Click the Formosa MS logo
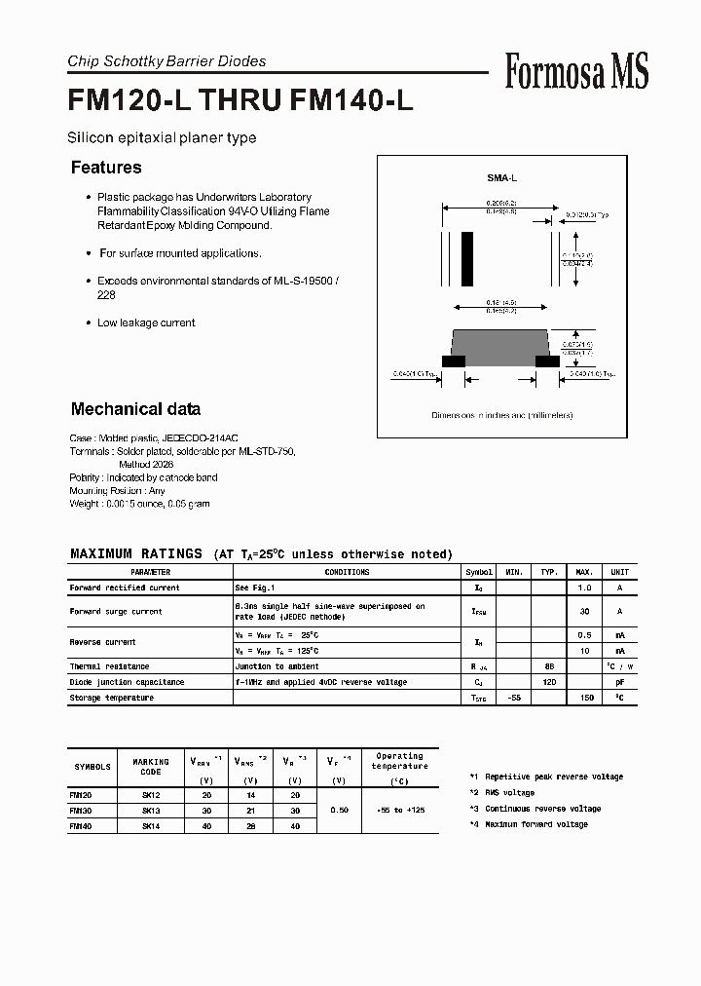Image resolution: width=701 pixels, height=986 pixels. pos(576,71)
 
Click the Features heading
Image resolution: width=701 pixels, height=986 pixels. pos(106,168)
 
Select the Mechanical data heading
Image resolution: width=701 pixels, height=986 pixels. pos(135,409)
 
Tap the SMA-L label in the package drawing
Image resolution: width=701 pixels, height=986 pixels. pos(501,179)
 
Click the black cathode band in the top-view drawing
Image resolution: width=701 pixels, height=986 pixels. pos(467,257)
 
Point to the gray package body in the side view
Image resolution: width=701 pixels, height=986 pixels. pos(501,344)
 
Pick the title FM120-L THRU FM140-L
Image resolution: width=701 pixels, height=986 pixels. pos(240,102)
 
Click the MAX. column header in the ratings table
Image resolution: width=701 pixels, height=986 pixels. pos(585,572)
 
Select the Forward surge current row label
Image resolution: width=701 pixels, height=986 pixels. pos(116,611)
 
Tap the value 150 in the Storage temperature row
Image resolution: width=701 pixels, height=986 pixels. pos(585,698)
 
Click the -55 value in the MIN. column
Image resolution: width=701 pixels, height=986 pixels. pos(515,698)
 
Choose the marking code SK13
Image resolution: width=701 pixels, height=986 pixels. pos(151,810)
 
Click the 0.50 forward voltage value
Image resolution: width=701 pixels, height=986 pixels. pos(338,810)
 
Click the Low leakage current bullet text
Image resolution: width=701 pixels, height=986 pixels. pos(146,322)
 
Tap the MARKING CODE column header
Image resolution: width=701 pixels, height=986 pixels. pos(151,766)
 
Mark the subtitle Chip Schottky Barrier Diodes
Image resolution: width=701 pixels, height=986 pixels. pos(166,61)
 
